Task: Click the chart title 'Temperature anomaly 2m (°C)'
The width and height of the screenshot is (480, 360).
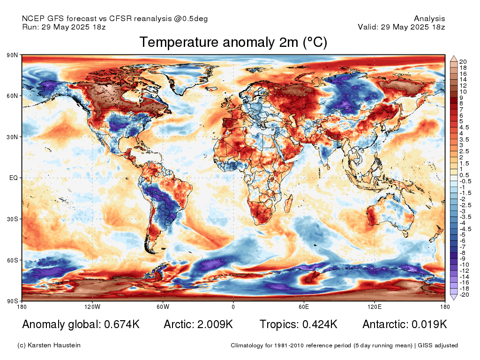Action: (233, 43)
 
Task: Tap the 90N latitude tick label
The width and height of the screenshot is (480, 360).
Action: (12, 55)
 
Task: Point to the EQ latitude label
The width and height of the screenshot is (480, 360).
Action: (13, 178)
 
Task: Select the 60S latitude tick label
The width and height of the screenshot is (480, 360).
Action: (12, 260)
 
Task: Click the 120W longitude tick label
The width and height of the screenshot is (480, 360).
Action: (92, 307)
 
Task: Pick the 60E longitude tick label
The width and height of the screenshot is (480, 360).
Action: (304, 307)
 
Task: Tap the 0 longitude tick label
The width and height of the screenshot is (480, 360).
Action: (233, 307)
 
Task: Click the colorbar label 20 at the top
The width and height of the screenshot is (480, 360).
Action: (463, 61)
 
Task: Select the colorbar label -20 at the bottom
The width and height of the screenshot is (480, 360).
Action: (464, 294)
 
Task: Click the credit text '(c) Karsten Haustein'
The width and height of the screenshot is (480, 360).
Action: (49, 345)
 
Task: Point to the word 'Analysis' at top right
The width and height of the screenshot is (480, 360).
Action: (429, 19)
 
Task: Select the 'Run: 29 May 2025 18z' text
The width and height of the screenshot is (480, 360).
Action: (64, 27)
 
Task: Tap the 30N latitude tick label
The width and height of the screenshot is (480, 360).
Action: (12, 137)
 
